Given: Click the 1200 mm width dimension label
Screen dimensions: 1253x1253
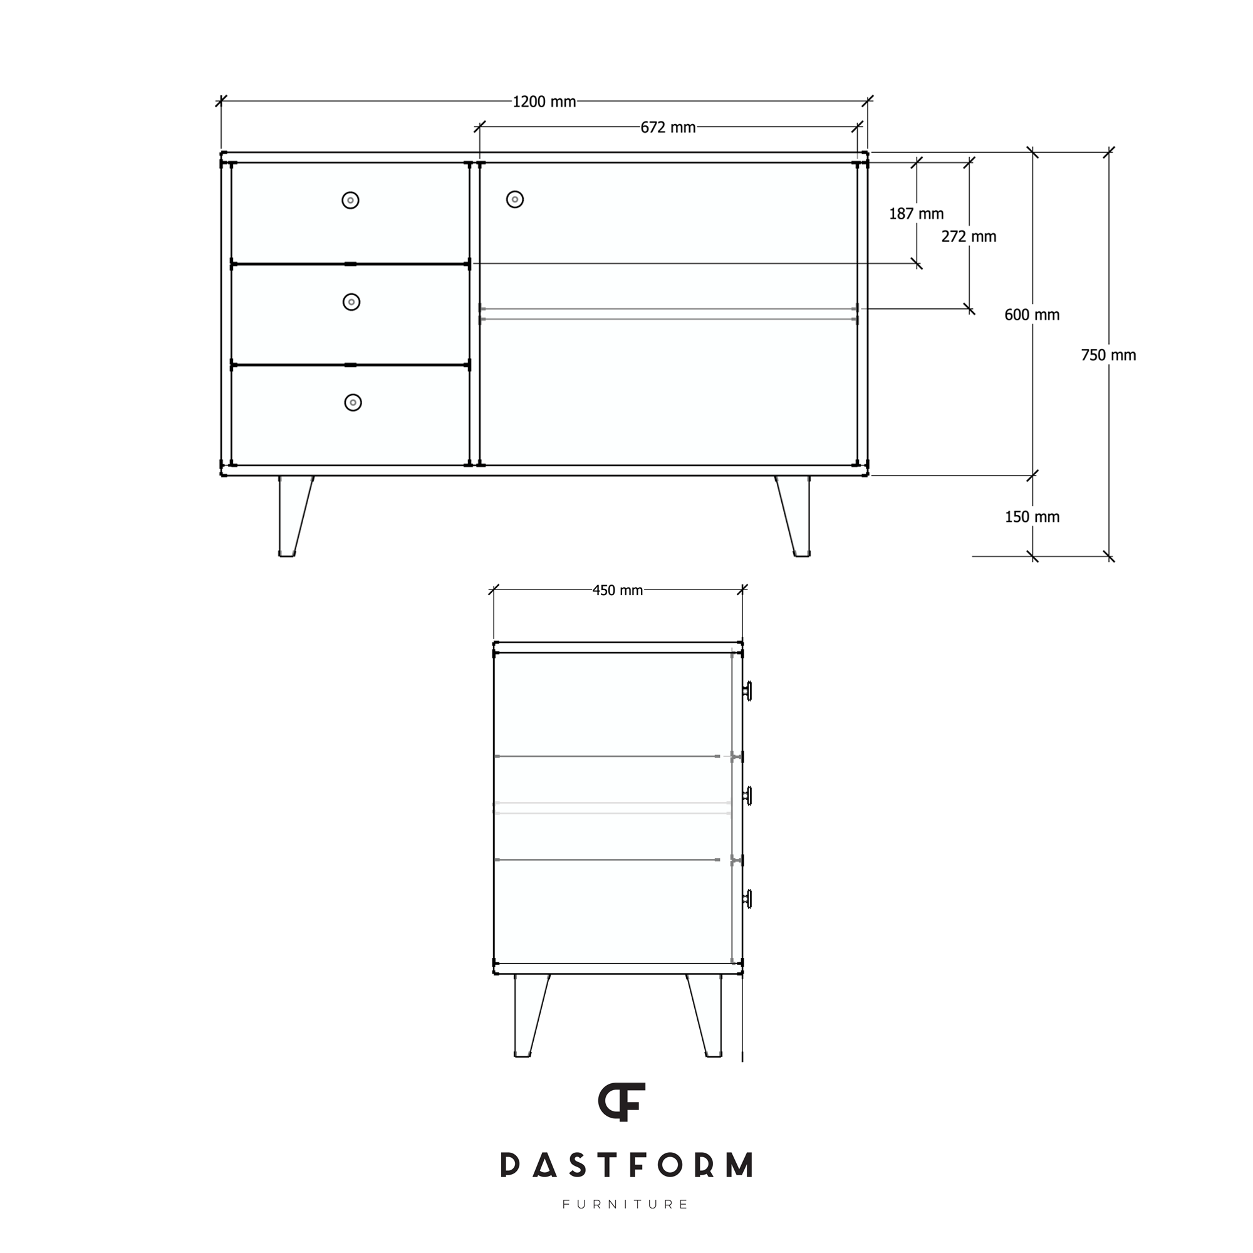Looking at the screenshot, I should [544, 102].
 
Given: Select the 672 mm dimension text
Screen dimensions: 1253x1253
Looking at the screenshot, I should [668, 128].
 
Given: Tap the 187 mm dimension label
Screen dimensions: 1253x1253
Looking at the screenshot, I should [916, 214].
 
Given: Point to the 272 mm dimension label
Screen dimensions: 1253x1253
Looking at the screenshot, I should [969, 237].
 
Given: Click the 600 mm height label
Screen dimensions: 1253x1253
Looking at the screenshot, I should [1032, 315].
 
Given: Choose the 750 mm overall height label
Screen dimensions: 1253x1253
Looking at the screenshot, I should [1108, 355].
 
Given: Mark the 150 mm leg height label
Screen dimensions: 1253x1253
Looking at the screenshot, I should [1032, 517].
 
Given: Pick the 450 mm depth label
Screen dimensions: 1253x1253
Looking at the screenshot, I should [618, 590].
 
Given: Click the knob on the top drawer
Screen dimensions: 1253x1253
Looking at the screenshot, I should [350, 200].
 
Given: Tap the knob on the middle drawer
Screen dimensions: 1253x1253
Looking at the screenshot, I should [351, 302].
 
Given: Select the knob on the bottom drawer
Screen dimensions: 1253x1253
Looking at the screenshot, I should [353, 403].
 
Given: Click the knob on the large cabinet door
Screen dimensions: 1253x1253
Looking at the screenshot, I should [515, 200].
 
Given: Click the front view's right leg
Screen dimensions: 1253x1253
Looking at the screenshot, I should [796, 516].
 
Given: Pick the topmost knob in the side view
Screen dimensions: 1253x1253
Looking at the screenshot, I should [748, 692].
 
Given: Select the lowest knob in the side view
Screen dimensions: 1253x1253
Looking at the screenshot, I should [748, 899].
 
